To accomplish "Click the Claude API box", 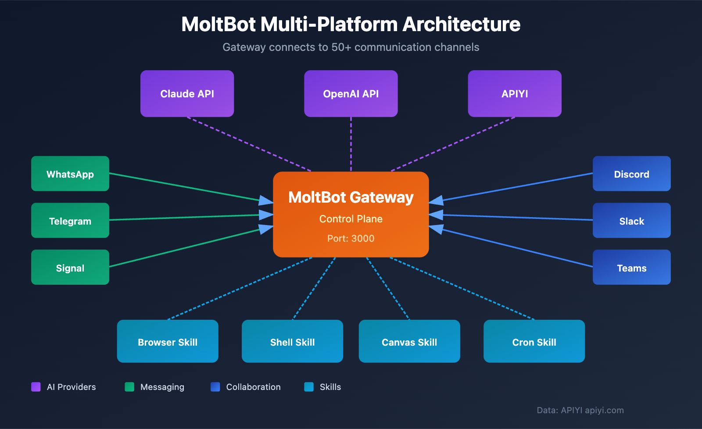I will click(x=187, y=93).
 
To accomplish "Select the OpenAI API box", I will click(x=351, y=93).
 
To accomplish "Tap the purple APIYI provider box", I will click(x=514, y=93).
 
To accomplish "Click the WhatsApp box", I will click(x=70, y=174).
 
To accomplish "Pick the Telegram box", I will click(x=70, y=221).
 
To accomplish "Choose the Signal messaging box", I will click(x=70, y=267).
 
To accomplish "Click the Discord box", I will click(x=631, y=174).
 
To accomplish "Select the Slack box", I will click(x=631, y=221).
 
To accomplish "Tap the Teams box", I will click(x=631, y=267).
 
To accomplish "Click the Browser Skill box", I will click(x=168, y=341).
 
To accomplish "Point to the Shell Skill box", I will click(x=292, y=341).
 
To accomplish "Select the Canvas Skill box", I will click(x=409, y=341).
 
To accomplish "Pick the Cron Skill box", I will click(x=534, y=341).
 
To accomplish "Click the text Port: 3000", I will click(x=351, y=238).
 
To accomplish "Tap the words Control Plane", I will click(x=351, y=218).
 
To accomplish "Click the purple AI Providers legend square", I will click(x=36, y=386).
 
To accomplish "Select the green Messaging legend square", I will click(x=129, y=386).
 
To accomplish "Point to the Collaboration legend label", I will click(x=253, y=387).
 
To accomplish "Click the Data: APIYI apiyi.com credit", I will click(x=580, y=410).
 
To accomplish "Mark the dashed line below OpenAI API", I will click(x=351, y=144).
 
